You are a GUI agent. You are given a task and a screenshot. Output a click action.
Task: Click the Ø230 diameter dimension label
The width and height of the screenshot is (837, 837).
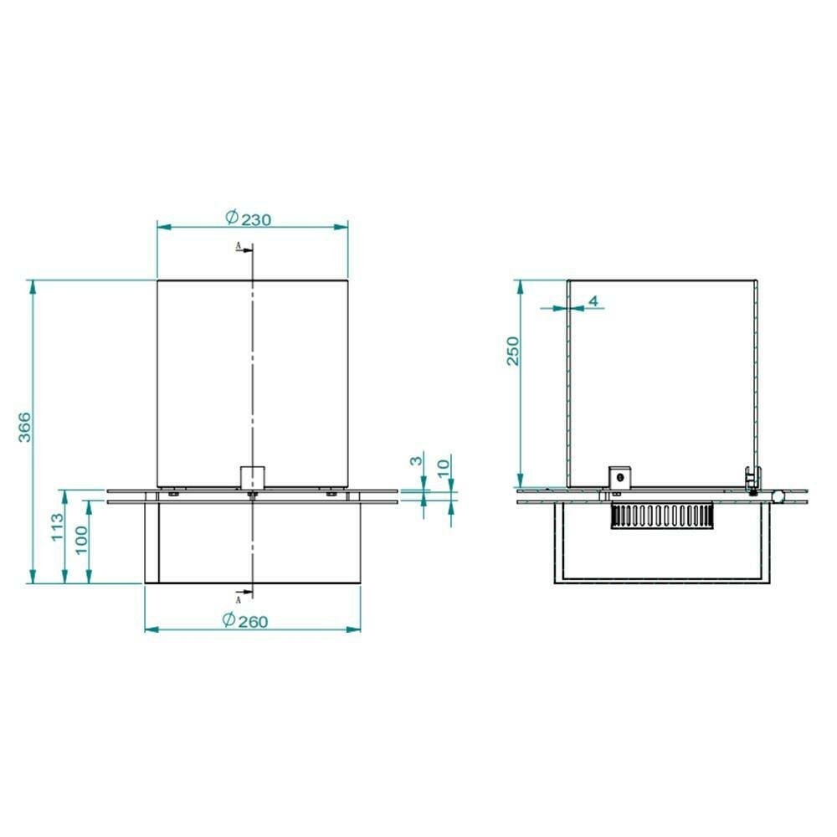click(x=249, y=218)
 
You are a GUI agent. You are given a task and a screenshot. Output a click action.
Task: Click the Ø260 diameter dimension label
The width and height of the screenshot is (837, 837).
click(x=245, y=621)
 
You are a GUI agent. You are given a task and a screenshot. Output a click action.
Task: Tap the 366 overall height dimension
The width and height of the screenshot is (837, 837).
click(x=24, y=427)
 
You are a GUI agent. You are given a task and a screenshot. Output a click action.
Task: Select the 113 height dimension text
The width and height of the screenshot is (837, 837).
click(x=58, y=526)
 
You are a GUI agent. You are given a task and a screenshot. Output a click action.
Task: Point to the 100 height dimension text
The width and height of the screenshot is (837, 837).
click(x=81, y=540)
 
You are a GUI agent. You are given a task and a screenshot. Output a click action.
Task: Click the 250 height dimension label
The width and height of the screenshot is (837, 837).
click(x=512, y=351)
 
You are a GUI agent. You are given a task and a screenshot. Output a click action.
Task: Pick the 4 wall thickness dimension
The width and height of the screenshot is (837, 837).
click(x=593, y=301)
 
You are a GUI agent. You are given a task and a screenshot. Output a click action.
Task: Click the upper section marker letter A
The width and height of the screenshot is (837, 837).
click(x=239, y=245)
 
